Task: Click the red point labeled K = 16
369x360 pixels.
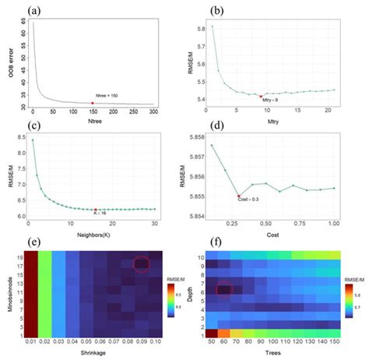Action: click(x=96, y=210)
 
